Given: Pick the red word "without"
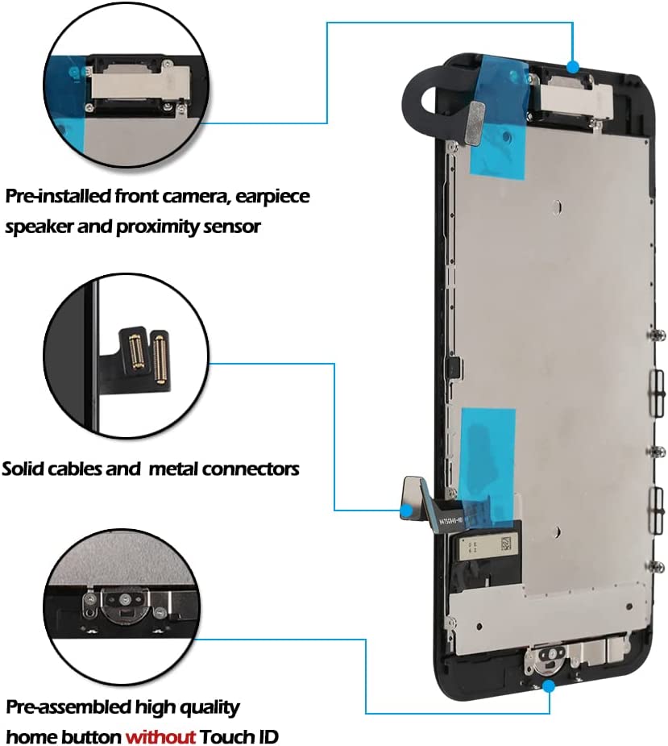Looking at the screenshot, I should pos(160,736).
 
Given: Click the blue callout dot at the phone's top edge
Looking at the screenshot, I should pos(573,66).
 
